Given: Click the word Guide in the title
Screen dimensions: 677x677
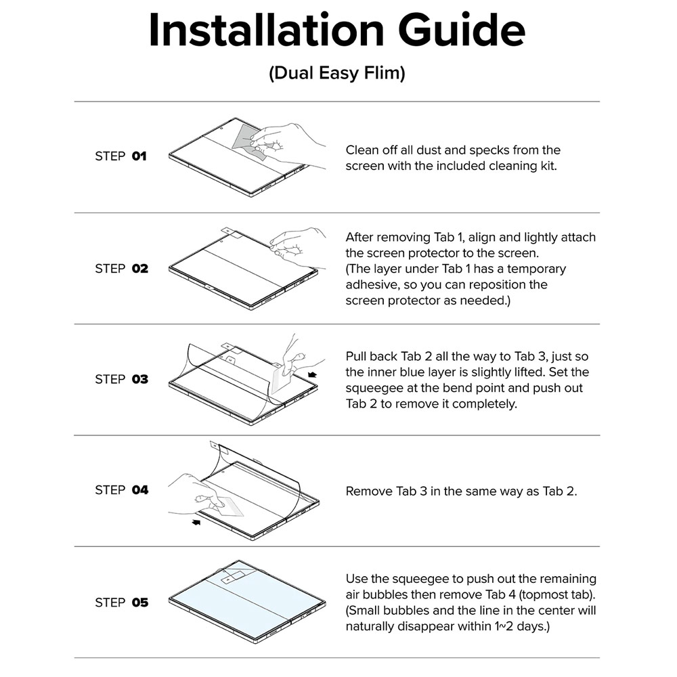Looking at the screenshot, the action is (462, 30).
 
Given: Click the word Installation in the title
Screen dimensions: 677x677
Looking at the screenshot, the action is (266, 30).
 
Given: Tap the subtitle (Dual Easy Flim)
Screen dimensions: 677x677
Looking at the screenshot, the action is (336, 73).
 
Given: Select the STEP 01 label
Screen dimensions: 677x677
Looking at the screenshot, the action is (121, 156).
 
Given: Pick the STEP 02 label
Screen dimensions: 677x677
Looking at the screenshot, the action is (121, 269).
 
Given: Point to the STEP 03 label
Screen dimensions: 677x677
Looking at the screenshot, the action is (121, 379).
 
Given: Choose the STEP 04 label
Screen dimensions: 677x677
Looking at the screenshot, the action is (121, 490).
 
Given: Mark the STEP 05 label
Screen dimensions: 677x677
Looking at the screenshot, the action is (121, 603).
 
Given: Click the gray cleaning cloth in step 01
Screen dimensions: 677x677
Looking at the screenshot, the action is (247, 137).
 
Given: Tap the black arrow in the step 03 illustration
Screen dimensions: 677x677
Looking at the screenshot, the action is (312, 375).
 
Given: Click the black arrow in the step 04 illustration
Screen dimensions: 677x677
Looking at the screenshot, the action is (196, 523).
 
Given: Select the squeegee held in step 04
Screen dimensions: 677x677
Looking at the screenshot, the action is (229, 507).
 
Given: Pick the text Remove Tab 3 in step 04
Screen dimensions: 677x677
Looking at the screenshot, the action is (386, 492).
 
